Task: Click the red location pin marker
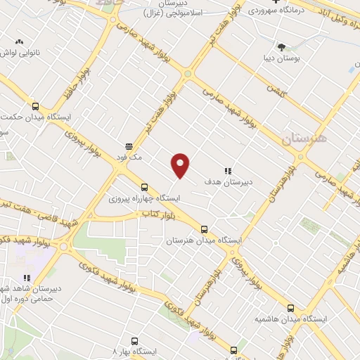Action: [x=181, y=165]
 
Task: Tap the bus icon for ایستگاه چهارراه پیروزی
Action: [x=144, y=187]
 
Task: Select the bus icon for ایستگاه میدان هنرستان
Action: [x=205, y=229]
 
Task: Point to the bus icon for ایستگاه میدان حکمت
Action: [x=36, y=105]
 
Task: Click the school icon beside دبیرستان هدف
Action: [x=228, y=171]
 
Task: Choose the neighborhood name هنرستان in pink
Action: [x=304, y=139]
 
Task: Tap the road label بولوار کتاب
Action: [x=160, y=212]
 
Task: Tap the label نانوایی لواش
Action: [x=17, y=53]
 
